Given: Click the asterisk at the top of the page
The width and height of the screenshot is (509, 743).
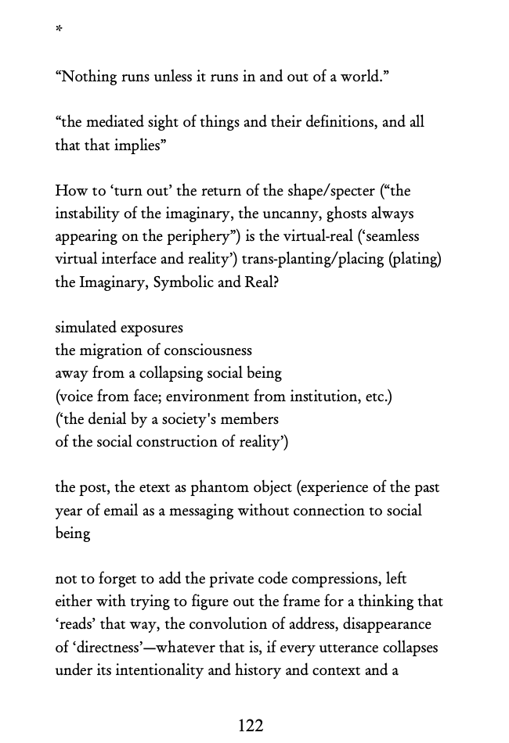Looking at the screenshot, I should (x=59, y=31).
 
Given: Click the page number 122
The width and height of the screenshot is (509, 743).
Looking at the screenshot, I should (x=251, y=726).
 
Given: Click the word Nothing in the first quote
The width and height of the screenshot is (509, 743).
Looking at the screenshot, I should (x=89, y=77).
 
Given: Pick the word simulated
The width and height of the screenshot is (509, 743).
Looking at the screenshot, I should (x=85, y=328).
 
